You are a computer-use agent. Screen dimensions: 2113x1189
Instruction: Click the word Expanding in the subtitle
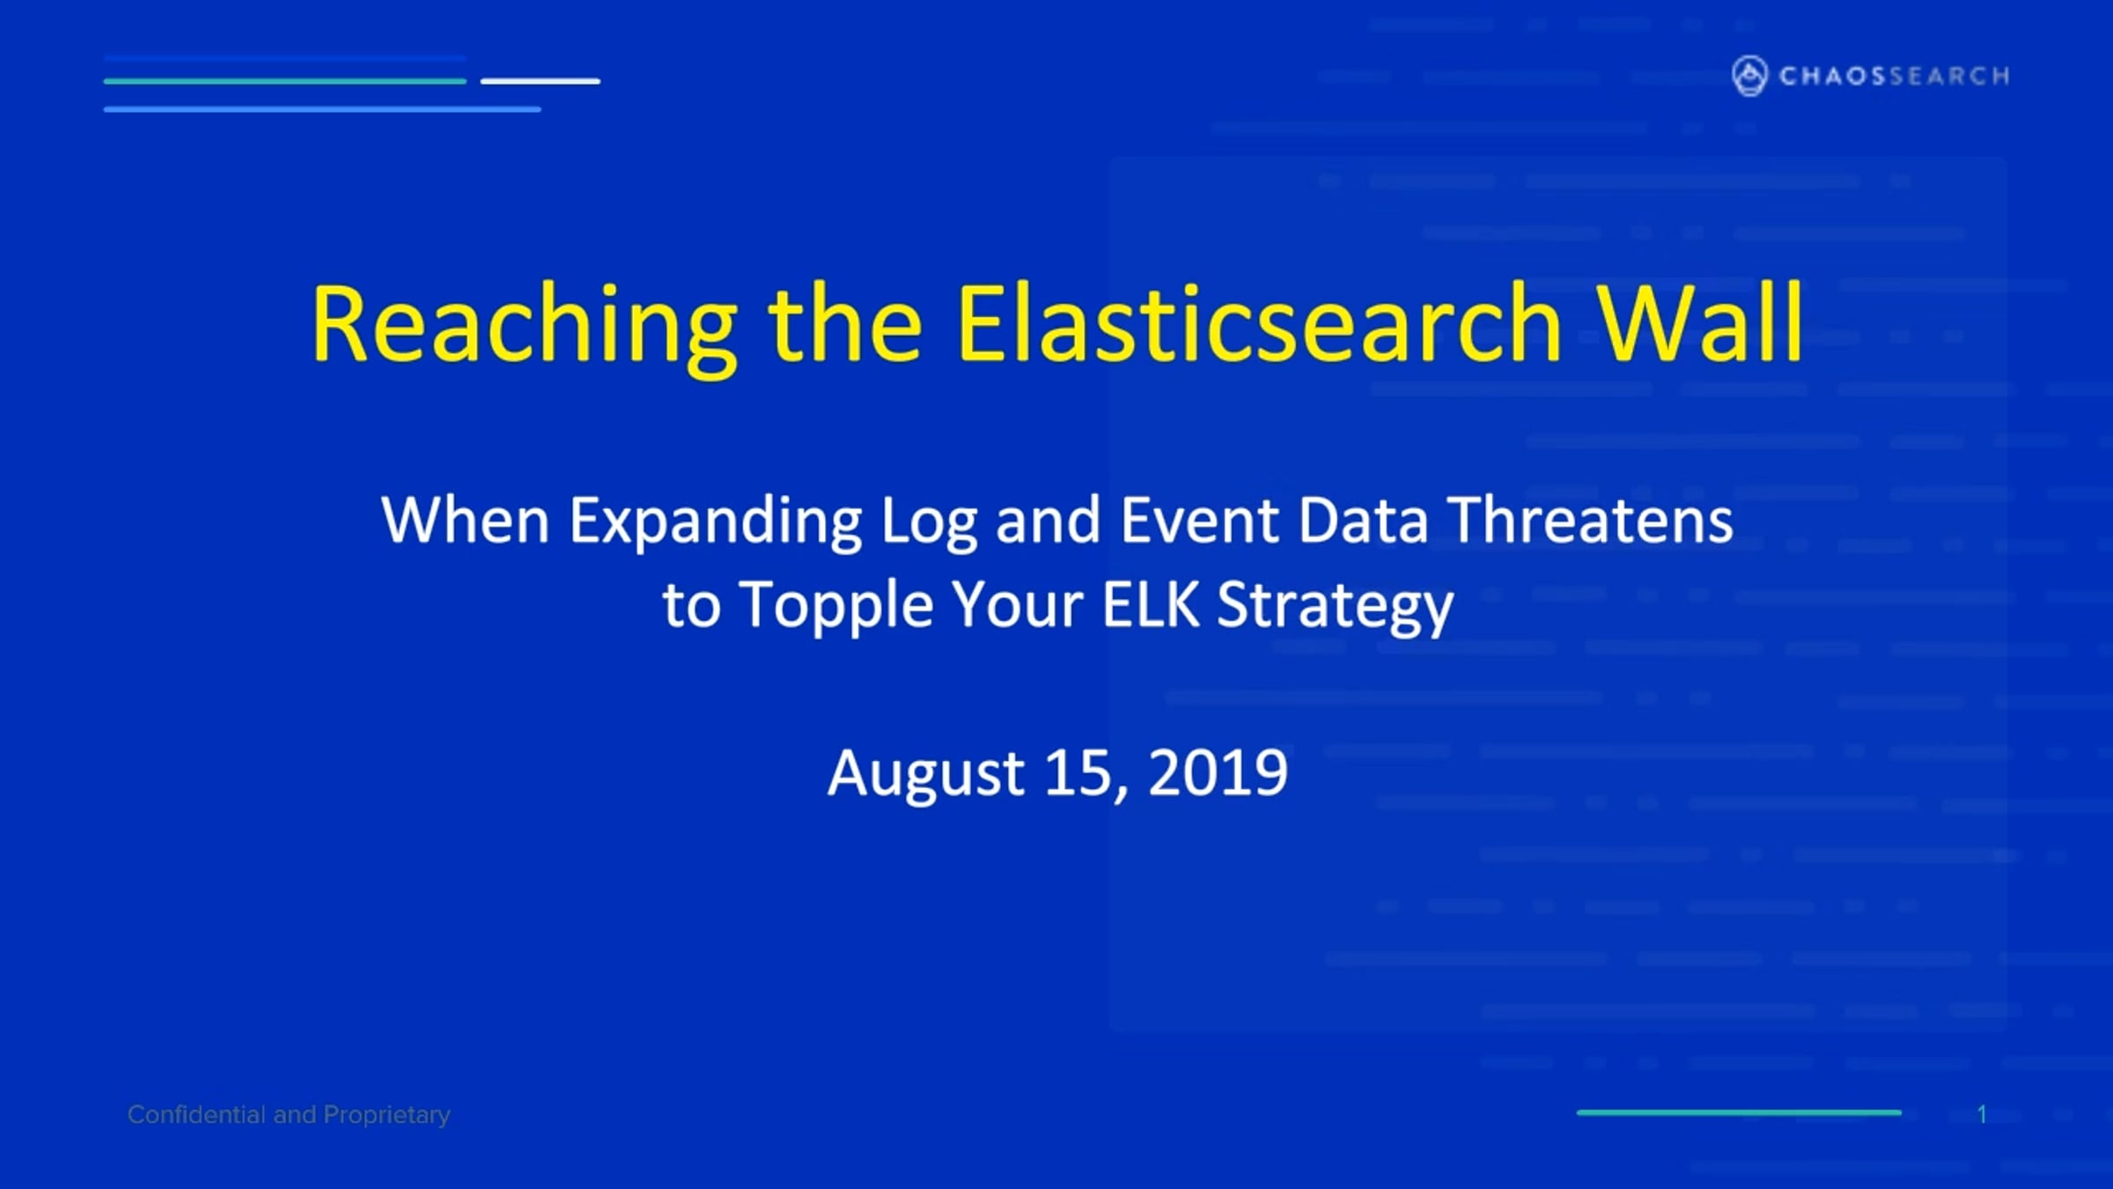click(x=716, y=522)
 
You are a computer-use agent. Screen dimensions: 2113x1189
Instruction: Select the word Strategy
click(x=1335, y=607)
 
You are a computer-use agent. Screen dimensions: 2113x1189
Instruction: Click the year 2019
click(x=1218, y=772)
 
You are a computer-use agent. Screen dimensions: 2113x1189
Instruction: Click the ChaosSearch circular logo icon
click(x=1749, y=76)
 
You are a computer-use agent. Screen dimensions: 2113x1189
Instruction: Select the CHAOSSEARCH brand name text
click(x=1895, y=76)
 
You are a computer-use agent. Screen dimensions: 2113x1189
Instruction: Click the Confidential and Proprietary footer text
click(x=289, y=1115)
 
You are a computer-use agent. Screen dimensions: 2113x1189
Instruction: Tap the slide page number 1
click(x=1982, y=1115)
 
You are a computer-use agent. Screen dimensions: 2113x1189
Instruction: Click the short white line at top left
click(x=541, y=81)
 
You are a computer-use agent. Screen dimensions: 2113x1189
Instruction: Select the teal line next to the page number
click(x=1739, y=1113)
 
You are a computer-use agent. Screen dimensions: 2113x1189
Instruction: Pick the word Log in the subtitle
click(x=930, y=522)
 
